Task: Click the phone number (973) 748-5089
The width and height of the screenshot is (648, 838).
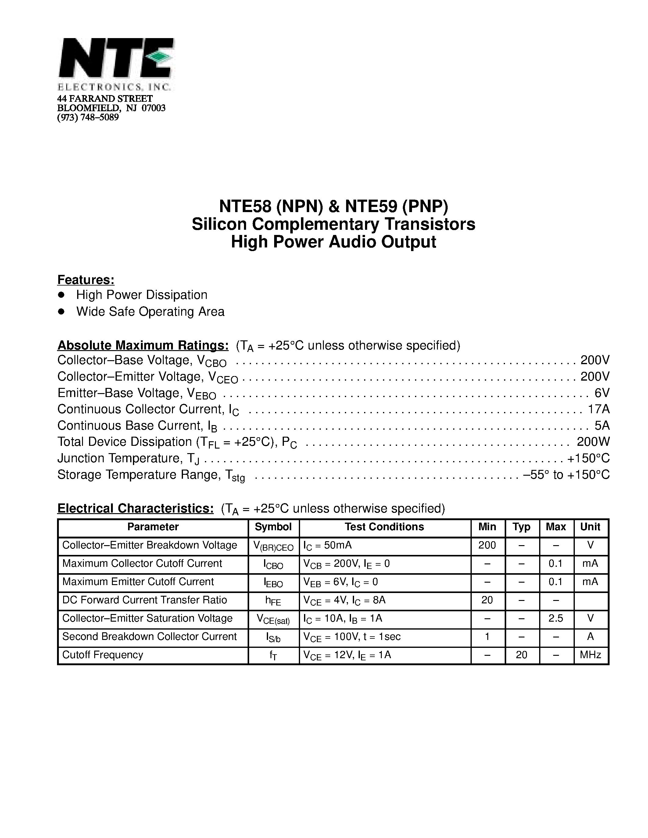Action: click(x=88, y=117)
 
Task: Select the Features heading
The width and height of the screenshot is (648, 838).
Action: click(x=86, y=280)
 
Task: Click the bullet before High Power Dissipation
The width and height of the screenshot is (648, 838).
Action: click(x=61, y=295)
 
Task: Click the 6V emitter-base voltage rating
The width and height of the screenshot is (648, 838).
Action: click(x=602, y=392)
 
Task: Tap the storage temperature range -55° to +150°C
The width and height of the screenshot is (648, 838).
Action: click(x=566, y=475)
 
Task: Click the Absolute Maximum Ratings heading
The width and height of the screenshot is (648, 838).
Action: click(x=143, y=345)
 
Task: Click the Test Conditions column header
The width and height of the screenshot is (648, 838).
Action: click(x=384, y=527)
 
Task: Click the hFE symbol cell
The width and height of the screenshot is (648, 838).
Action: click(x=273, y=601)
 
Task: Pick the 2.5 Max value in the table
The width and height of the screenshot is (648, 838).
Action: click(x=556, y=618)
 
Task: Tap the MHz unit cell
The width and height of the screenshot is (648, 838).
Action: click(x=590, y=655)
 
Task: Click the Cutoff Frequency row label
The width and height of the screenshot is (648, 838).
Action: click(x=102, y=655)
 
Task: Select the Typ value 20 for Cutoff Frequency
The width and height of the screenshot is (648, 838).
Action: click(x=521, y=655)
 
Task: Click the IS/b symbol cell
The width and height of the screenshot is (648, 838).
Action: click(x=273, y=637)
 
